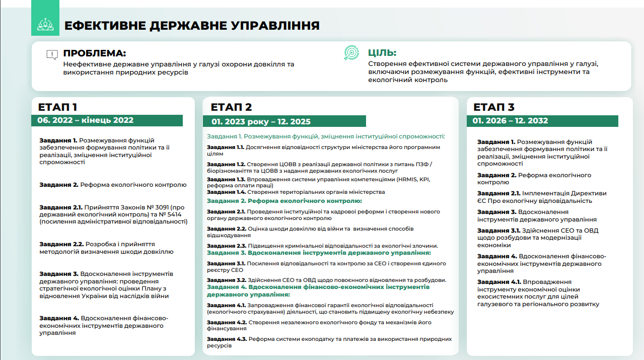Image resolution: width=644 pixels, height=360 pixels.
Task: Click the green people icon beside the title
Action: pos(45,23)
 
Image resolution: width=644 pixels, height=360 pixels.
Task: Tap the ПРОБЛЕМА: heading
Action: pos(95,53)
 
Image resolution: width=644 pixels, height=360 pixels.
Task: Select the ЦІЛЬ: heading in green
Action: pos(382,53)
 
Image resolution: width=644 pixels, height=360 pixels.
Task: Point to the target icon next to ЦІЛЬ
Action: pos(351,53)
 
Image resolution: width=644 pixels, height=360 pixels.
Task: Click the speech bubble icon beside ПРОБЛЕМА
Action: pos(52,55)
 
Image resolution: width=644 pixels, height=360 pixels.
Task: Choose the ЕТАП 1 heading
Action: pos(57,107)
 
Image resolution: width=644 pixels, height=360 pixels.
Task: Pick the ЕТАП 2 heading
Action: pos(231,107)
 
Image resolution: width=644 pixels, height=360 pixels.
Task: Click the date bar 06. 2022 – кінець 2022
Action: pos(86,120)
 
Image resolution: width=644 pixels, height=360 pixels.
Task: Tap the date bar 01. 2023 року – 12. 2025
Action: pos(261,122)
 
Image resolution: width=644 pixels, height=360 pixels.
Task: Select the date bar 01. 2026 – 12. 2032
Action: pos(511,121)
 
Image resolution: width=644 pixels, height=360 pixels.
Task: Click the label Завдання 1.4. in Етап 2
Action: pos(226,192)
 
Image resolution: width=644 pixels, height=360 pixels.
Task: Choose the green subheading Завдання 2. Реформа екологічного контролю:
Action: pos(284,201)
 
